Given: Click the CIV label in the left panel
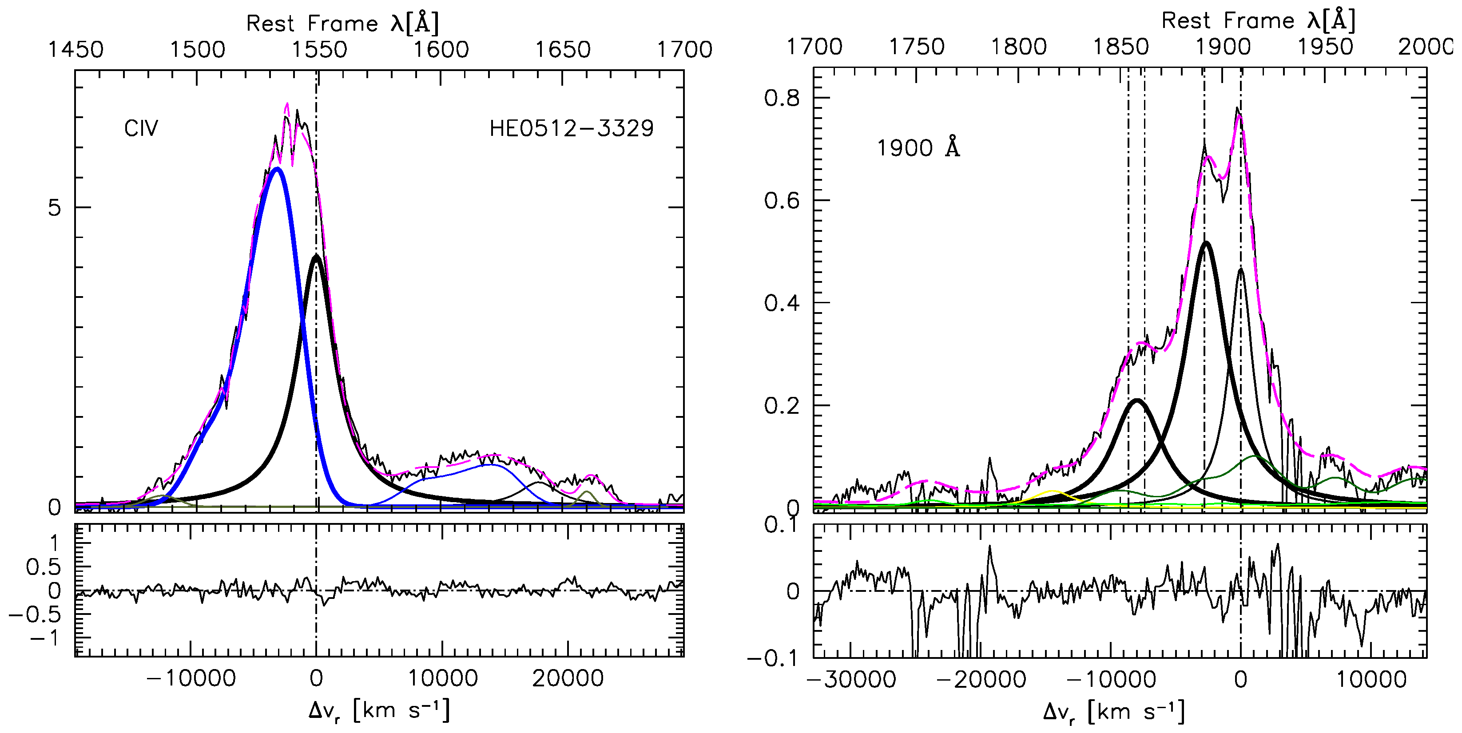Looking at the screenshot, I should pos(141,129).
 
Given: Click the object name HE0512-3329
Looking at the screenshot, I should pos(571,129).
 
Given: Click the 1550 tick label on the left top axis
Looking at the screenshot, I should pos(319,50).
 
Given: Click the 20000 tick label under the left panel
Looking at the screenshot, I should pos(568,678).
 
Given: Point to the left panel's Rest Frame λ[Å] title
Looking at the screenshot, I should pos(342,23).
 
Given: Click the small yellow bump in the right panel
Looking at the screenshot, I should pos(1053,491).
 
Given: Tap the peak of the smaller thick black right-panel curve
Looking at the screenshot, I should pos(1136,400).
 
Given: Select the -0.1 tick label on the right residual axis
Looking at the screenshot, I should pos(772,659).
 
